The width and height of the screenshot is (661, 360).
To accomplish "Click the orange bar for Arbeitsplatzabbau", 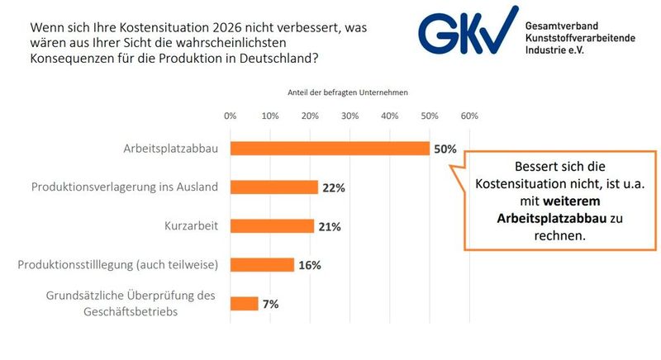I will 330,149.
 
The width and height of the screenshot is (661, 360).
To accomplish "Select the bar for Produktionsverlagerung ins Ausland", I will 274,187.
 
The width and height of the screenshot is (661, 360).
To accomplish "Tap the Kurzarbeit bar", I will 272,226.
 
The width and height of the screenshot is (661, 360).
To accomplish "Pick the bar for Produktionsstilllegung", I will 262,265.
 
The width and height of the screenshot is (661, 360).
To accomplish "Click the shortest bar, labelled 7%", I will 245,304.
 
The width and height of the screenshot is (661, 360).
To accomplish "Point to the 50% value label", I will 445,149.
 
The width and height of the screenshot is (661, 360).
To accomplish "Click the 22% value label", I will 334,188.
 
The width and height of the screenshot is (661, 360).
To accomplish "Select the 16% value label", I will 310,266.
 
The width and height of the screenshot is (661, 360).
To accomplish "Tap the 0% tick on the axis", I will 231,116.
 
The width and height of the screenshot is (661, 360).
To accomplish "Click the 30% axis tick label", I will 350,116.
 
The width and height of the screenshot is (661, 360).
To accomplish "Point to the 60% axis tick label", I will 469,116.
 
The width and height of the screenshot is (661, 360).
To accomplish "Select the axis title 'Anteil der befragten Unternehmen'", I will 348,92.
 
